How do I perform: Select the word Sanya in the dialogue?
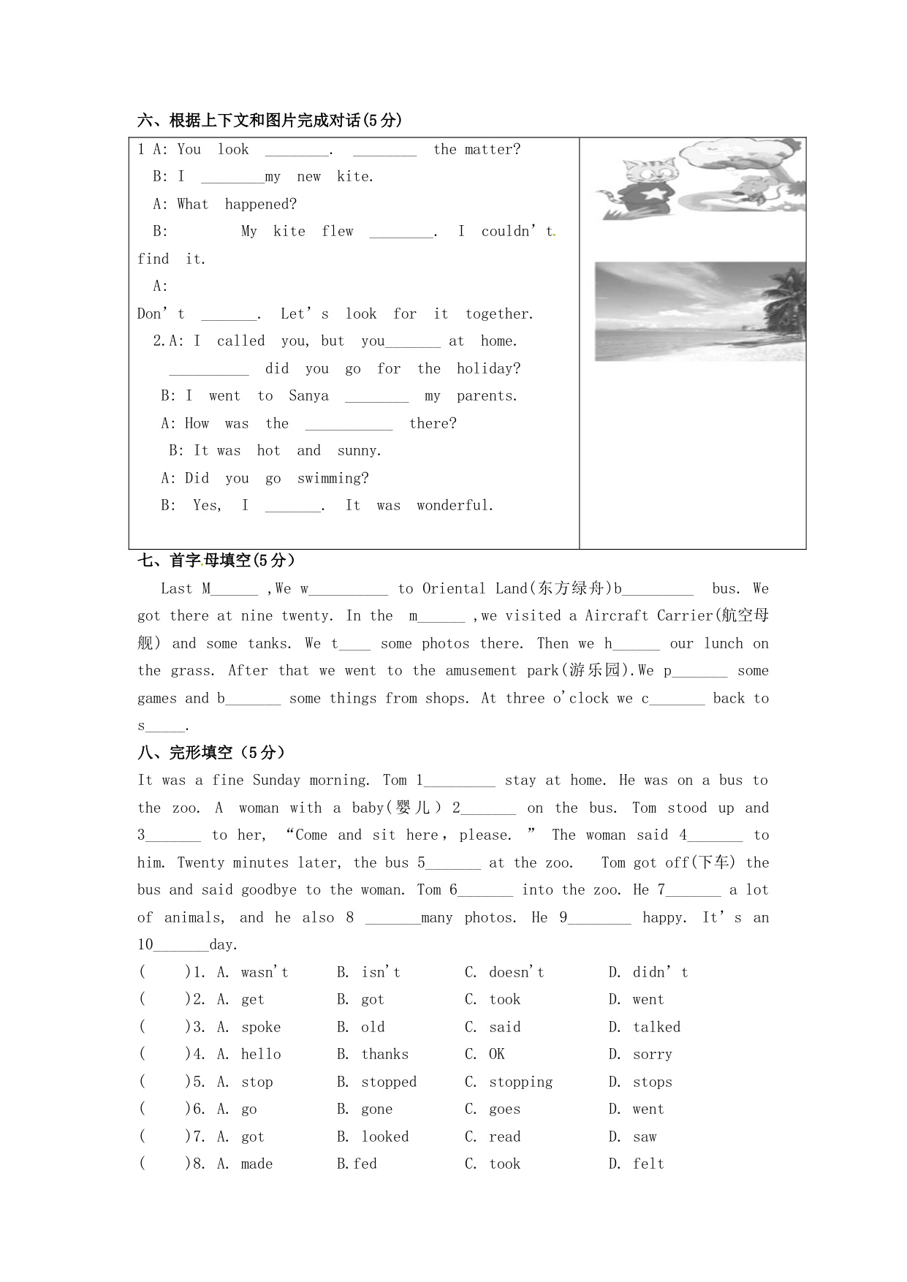point(308,396)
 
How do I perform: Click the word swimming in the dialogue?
point(333,479)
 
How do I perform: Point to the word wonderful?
point(455,506)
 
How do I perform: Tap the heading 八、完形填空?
point(211,753)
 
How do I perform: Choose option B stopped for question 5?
point(388,1082)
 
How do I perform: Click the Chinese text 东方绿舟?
point(571,588)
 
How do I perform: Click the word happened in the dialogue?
point(260,205)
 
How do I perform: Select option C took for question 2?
point(504,1000)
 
